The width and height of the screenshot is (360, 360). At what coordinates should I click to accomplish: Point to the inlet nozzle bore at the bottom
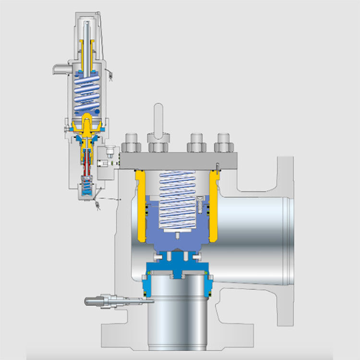177,312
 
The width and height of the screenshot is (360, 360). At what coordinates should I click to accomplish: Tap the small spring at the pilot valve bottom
86,184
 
